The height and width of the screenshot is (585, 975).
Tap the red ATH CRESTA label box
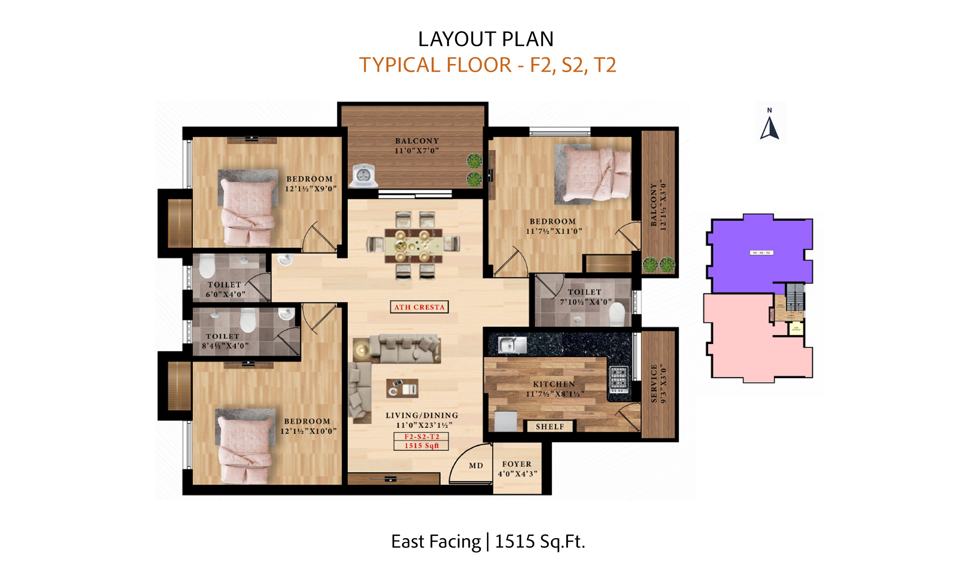pos(419,307)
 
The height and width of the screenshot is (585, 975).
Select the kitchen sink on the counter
pos(512,345)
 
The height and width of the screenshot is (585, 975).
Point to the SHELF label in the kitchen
pos(550,427)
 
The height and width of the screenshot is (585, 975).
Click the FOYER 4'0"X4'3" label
pos(517,469)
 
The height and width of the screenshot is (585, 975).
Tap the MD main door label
pos(476,466)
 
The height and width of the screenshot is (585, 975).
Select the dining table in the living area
pos(413,246)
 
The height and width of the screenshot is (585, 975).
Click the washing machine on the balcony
pos(363,176)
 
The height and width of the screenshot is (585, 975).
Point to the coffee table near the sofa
pos(402,388)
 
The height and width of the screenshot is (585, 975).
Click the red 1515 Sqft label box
pos(421,446)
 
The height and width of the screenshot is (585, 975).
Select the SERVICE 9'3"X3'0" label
pos(658,383)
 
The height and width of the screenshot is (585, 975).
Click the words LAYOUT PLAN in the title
pos(486,39)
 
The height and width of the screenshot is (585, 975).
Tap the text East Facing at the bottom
pos(436,542)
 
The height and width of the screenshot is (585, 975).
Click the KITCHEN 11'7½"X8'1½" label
pos(554,389)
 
